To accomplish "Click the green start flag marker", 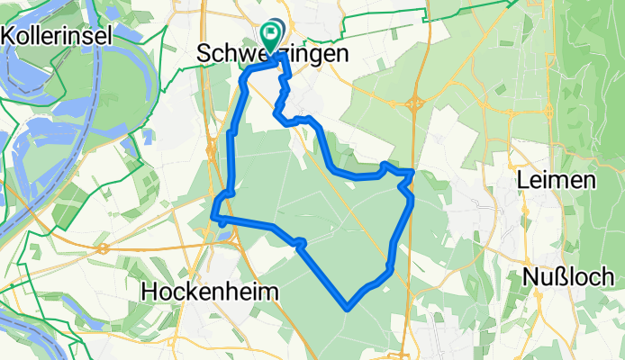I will [x=270, y=34].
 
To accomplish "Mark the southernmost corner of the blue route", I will [x=347, y=308].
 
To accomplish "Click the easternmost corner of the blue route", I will [x=412, y=171].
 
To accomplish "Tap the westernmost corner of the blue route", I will [x=214, y=216].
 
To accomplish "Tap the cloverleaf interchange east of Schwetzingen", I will [x=415, y=103].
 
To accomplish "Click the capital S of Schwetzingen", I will [x=203, y=55].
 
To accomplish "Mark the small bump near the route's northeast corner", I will [x=385, y=165].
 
